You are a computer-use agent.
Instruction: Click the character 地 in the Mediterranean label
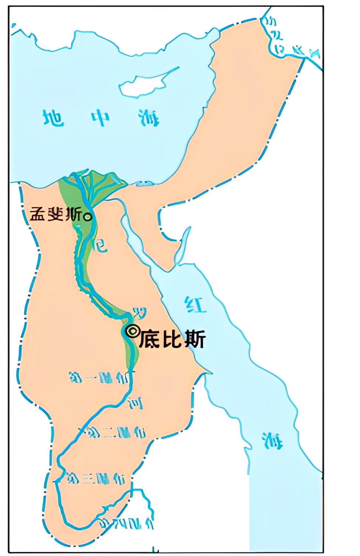tap(53, 118)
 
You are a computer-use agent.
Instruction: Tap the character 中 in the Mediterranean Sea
tap(100, 118)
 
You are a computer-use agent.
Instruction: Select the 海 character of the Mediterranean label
tap(149, 118)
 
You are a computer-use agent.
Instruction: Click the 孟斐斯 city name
tap(55, 214)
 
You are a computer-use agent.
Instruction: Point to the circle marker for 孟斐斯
tap(88, 217)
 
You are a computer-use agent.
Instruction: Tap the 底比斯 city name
tap(172, 339)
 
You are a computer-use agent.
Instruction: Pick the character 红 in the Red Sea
tap(195, 305)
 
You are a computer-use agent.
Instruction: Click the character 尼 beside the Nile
tap(101, 245)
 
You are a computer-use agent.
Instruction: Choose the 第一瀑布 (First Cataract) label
tap(98, 378)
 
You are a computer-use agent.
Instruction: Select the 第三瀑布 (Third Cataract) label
tap(96, 479)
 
